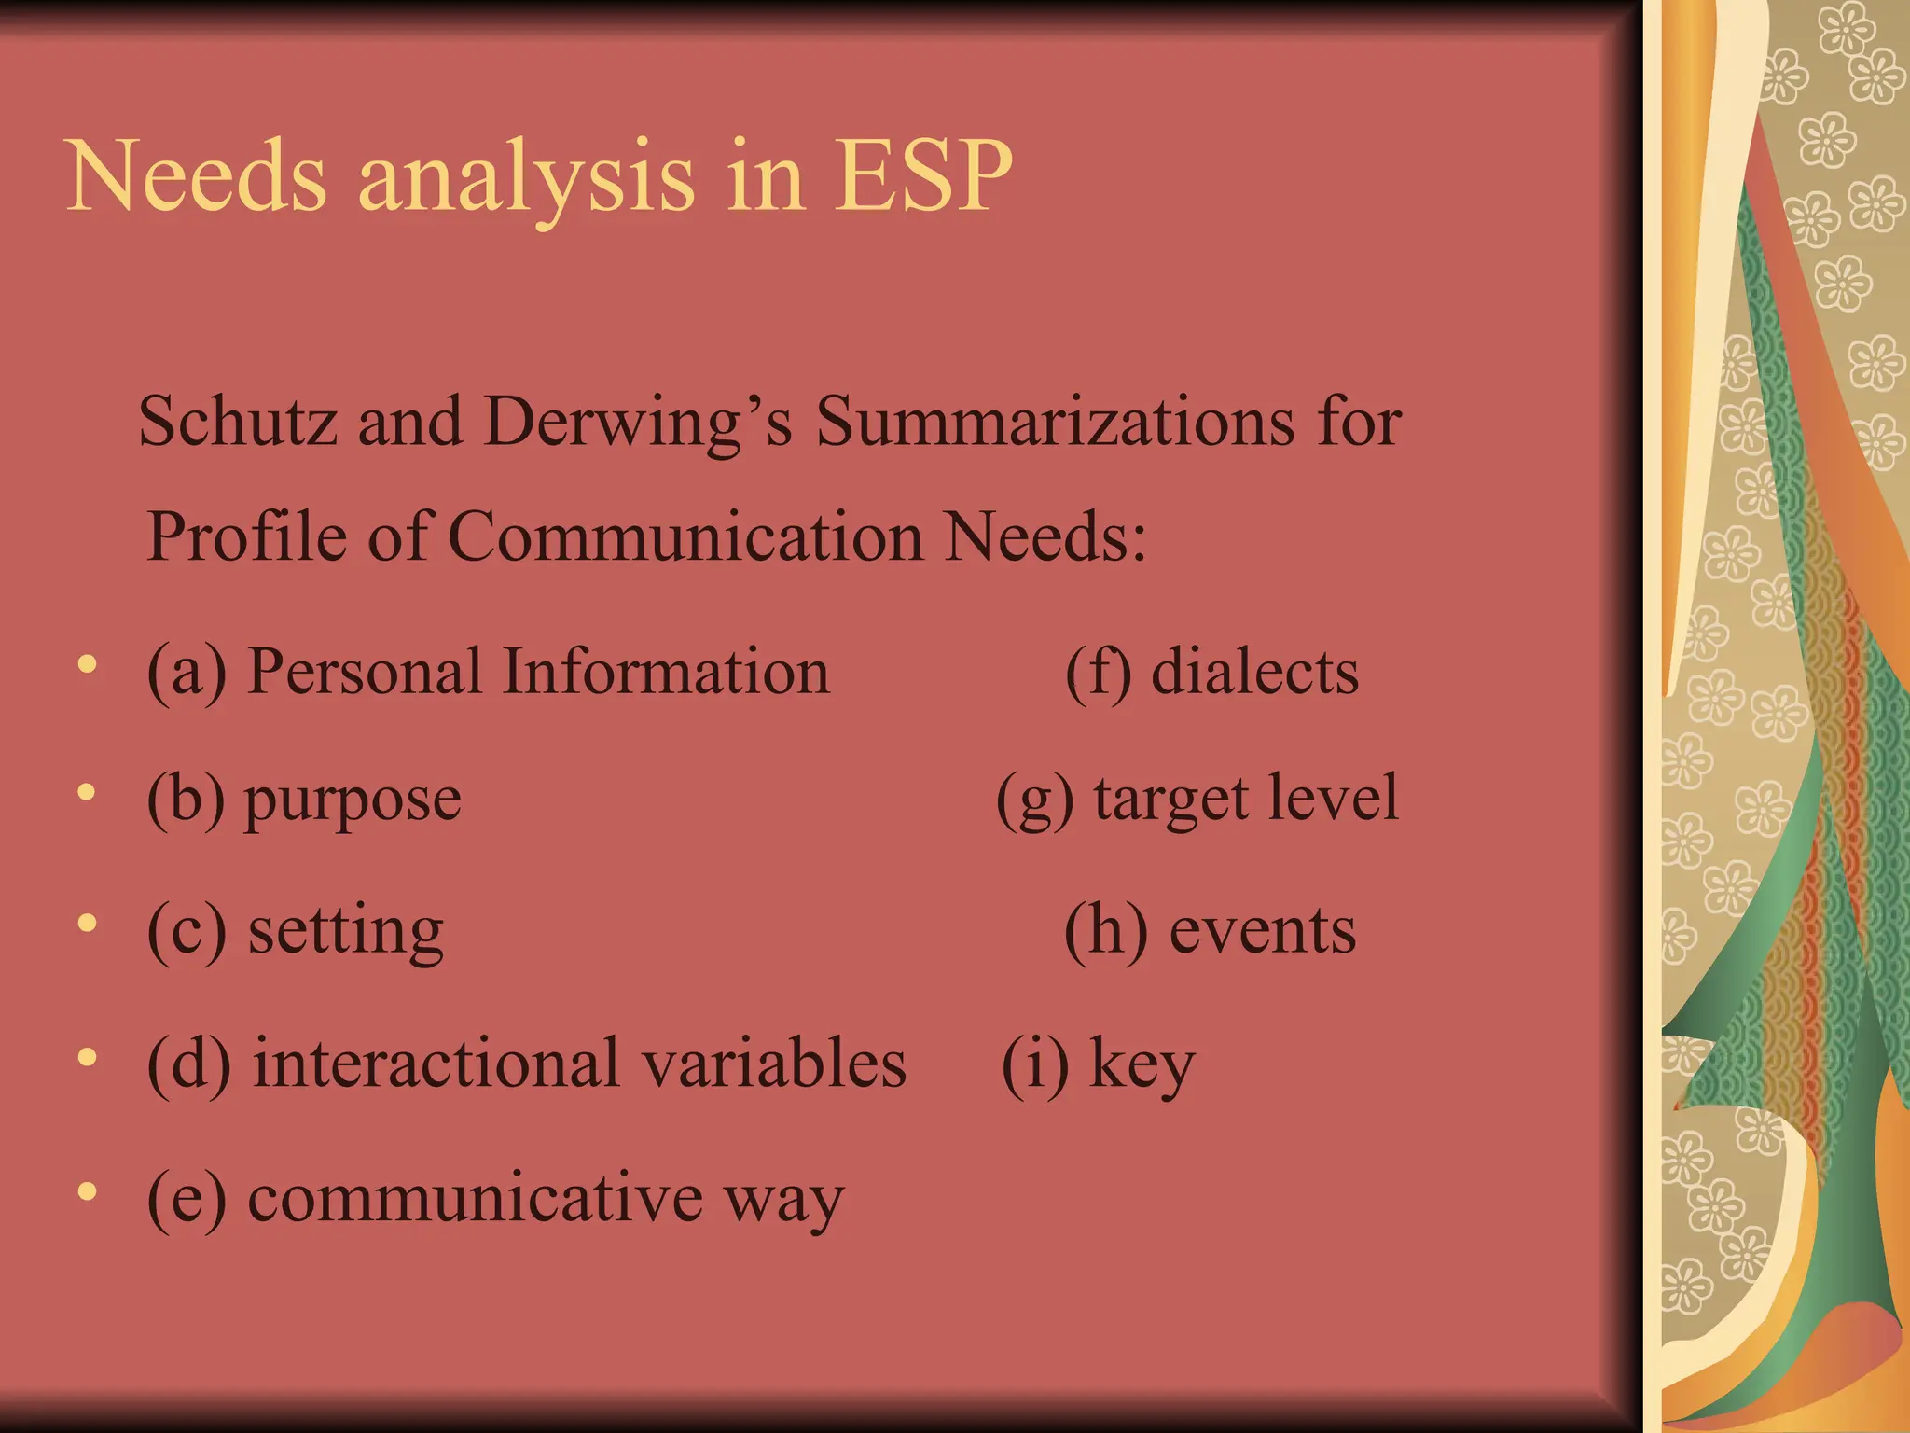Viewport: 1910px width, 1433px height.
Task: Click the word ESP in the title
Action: pos(922,175)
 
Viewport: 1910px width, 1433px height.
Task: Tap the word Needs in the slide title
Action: pos(197,175)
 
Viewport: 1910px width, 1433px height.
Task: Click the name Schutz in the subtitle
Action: pos(237,422)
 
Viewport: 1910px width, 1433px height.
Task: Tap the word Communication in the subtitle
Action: pos(685,536)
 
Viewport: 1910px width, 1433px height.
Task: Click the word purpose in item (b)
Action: pos(353,800)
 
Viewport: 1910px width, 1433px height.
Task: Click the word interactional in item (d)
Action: pos(436,1063)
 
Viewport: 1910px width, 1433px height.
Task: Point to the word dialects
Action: pos(1254,671)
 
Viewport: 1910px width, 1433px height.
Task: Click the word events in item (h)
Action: pos(1263,930)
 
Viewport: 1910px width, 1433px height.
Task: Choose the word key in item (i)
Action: pos(1142,1064)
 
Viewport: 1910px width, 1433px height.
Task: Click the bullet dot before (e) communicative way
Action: pos(88,1191)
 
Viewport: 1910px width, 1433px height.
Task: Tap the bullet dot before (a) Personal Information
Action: pos(88,664)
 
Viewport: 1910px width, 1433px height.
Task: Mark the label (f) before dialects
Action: pos(1099,672)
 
